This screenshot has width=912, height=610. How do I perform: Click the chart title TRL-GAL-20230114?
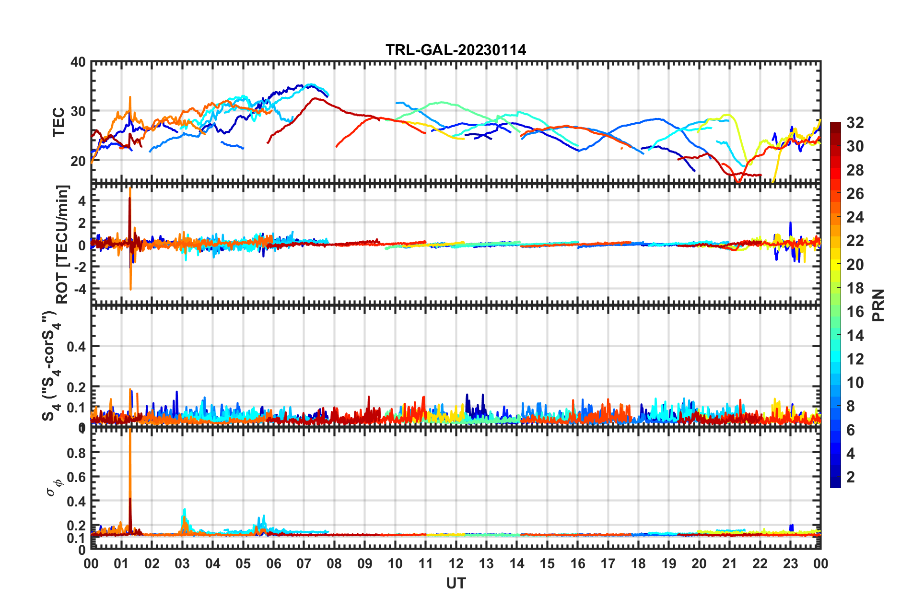click(x=456, y=50)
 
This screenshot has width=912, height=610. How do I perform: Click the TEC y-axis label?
click(x=58, y=122)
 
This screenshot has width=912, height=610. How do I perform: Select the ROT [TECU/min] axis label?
click(x=62, y=244)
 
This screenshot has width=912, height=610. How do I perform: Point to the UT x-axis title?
click(x=456, y=583)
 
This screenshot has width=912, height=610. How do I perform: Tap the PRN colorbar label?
click(x=878, y=305)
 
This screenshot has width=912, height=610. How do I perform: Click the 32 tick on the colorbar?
click(x=855, y=123)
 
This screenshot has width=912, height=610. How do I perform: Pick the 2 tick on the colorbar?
click(x=851, y=477)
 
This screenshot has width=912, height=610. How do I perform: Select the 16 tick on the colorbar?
click(x=855, y=312)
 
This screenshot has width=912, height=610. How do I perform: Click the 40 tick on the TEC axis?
click(x=78, y=62)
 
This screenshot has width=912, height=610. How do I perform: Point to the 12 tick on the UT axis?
click(x=456, y=563)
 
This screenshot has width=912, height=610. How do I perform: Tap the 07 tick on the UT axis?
click(x=304, y=563)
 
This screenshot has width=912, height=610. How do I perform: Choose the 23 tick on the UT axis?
click(x=790, y=563)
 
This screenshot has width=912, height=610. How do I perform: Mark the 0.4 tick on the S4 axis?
click(x=76, y=346)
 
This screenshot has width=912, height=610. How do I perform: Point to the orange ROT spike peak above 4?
click(x=130, y=189)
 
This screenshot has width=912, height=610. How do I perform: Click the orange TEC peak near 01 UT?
click(x=130, y=97)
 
